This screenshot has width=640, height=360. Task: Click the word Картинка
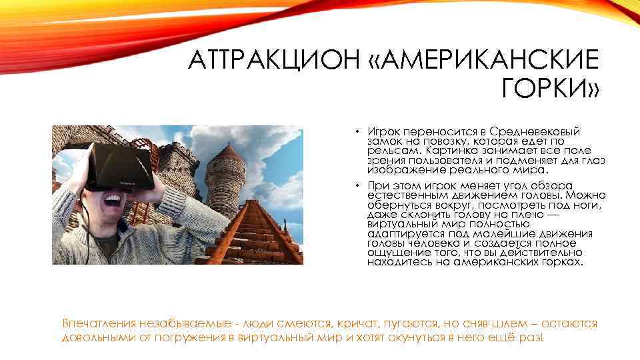pos(450,151)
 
